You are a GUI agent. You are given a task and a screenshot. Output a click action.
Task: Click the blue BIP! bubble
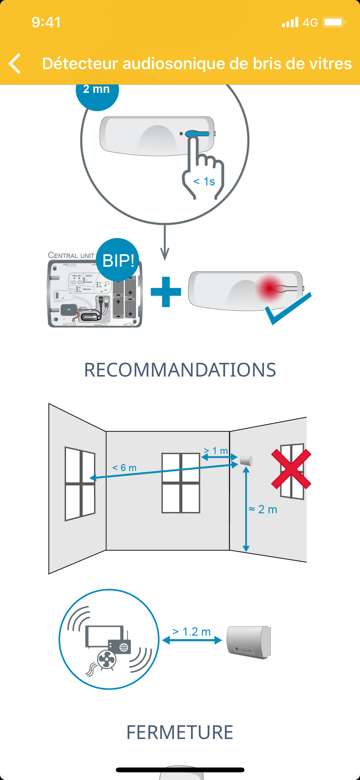118,260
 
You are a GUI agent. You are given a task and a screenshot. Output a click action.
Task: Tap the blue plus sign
166,292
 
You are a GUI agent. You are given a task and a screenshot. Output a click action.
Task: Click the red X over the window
291,469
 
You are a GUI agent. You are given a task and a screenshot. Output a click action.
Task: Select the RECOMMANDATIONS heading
180,370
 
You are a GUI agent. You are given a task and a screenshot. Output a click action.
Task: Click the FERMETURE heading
180,732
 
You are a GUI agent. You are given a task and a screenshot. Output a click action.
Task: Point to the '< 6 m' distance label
124,467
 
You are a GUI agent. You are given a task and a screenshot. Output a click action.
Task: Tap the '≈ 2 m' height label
263,509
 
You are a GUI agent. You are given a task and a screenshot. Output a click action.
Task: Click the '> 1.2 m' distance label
192,632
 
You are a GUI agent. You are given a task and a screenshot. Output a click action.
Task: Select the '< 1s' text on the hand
204,182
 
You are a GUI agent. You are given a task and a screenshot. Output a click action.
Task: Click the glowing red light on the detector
269,288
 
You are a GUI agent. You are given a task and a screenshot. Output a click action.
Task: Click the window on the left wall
80,483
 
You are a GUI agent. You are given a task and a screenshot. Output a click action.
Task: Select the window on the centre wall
181,483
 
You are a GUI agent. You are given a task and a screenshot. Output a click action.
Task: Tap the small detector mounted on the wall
246,461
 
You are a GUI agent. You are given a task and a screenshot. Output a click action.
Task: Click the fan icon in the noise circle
107,660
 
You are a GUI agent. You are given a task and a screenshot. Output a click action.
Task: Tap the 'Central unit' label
71,255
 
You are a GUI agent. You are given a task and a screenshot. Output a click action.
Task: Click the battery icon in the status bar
334,22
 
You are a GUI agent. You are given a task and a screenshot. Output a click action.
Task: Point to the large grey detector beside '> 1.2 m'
249,642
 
